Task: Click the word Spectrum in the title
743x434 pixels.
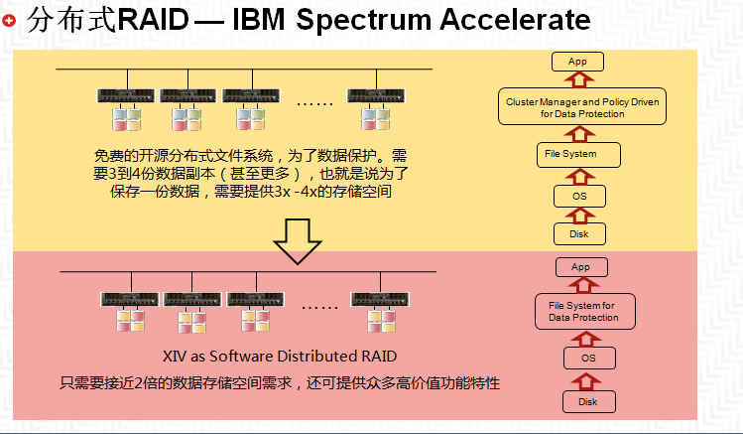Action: (363, 21)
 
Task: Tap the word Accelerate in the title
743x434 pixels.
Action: (515, 20)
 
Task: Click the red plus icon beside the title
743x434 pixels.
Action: (9, 21)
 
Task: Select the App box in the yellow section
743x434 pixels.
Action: (577, 62)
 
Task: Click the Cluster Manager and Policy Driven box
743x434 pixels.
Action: (582, 106)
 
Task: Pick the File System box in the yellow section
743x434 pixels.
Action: (578, 155)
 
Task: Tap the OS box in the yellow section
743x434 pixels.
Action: (579, 196)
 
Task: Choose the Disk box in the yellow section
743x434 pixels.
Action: (579, 233)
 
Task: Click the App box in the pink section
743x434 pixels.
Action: (581, 267)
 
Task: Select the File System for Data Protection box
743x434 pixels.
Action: (584, 312)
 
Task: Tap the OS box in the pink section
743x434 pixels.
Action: (589, 359)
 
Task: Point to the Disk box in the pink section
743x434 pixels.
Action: (589, 402)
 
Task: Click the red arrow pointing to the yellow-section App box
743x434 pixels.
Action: (579, 79)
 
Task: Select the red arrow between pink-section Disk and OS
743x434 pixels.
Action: (586, 381)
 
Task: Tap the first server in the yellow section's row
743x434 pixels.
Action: (126, 95)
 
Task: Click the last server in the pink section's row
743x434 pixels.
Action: (380, 299)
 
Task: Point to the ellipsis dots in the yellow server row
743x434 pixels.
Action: (314, 103)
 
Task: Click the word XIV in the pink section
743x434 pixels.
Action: (175, 357)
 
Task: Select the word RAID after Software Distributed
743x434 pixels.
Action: (379, 357)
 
